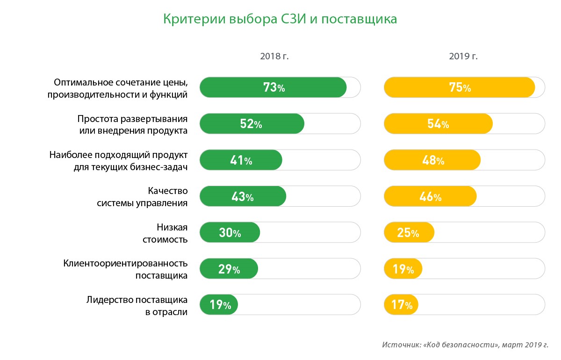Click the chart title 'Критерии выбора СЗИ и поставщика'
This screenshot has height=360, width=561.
[x=280, y=19]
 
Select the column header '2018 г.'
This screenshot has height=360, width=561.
[x=274, y=57]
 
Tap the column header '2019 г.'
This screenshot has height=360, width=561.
[x=463, y=57]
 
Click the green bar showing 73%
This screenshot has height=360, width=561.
[x=273, y=87]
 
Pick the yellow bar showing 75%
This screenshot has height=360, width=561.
[x=460, y=87]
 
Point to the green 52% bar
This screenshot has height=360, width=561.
[x=252, y=124]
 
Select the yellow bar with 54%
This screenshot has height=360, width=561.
[x=438, y=124]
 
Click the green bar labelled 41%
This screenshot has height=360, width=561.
[x=241, y=160]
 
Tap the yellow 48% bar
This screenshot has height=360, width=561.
[x=432, y=160]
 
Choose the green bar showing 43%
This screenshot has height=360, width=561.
[x=243, y=197]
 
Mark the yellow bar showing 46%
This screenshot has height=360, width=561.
[x=431, y=197]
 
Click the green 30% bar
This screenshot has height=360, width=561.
[x=230, y=233]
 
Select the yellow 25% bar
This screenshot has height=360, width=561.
[x=409, y=233]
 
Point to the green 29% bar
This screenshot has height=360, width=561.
[x=229, y=269]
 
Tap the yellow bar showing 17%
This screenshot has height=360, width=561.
[x=401, y=305]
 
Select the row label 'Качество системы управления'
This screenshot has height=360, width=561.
[x=143, y=197]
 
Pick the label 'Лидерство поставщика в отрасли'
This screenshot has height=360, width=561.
[x=137, y=306]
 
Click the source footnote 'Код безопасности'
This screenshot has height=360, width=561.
[x=465, y=345]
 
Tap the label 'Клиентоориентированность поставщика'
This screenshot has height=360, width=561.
[x=126, y=269]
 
